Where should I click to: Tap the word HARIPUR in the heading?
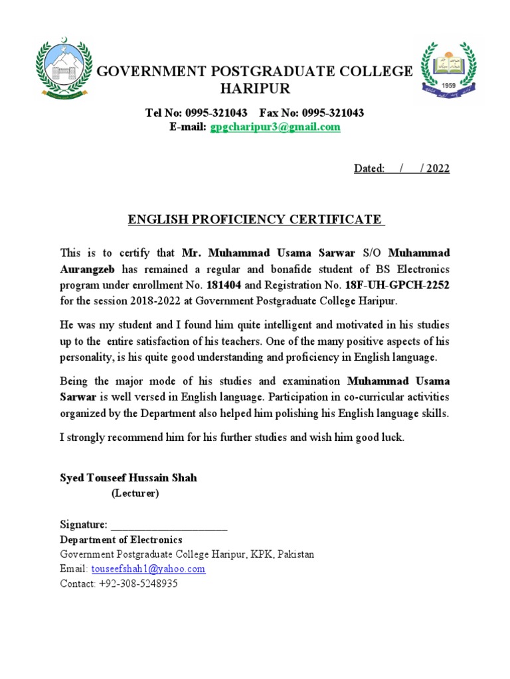pos(255,90)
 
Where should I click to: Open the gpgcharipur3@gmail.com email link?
pos(275,127)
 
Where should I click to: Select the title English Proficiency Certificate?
pos(255,219)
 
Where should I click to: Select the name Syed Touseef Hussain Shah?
pos(128,478)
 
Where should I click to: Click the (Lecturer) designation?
pos(135,493)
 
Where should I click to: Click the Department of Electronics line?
pos(121,540)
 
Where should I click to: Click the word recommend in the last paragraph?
pos(133,438)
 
